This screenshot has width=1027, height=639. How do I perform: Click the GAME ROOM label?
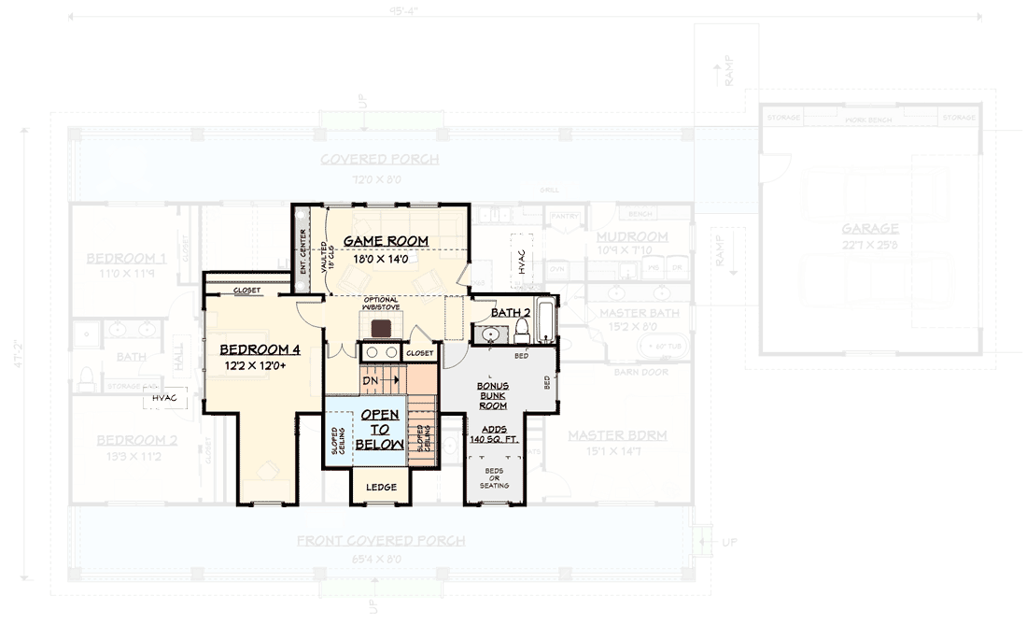(x=386, y=241)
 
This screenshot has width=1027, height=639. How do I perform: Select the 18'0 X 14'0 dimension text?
(x=380, y=259)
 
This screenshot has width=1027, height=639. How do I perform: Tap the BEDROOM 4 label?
(x=260, y=349)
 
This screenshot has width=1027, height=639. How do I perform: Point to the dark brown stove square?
(x=381, y=327)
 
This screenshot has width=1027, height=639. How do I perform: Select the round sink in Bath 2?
(x=489, y=333)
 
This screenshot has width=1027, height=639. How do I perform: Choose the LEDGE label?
(x=381, y=487)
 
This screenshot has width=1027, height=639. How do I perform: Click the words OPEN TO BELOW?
(x=381, y=429)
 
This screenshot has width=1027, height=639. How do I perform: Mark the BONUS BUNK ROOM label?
(x=492, y=395)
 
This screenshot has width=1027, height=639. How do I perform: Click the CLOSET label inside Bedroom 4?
(x=246, y=291)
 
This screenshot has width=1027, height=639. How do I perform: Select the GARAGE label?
(x=869, y=228)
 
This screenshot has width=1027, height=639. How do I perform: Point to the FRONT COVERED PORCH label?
(x=380, y=541)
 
